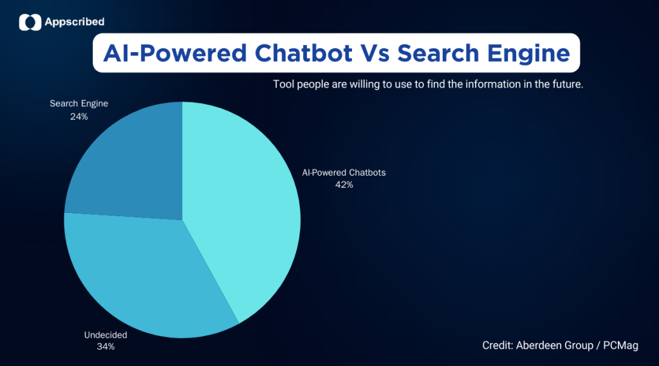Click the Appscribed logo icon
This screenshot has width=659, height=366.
[30, 23]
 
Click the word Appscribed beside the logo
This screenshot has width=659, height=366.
[75, 23]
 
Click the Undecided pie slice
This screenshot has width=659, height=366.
[142, 277]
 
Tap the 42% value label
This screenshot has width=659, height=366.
[343, 185]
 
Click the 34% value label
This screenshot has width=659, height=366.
[106, 347]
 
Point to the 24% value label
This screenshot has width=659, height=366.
[79, 116]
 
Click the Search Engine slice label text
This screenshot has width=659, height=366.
[79, 104]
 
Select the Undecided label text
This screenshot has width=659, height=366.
[106, 334]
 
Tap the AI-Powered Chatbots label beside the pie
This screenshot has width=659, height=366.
[343, 172]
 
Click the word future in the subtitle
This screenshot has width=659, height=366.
[566, 84]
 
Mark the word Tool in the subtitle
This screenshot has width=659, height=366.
[283, 84]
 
